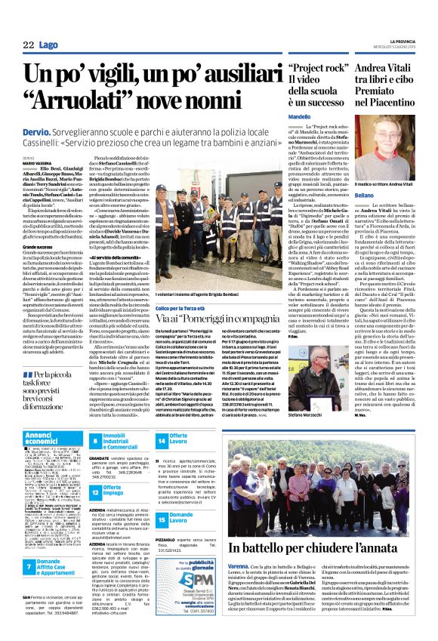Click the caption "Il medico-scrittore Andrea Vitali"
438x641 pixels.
tap(389, 186)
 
